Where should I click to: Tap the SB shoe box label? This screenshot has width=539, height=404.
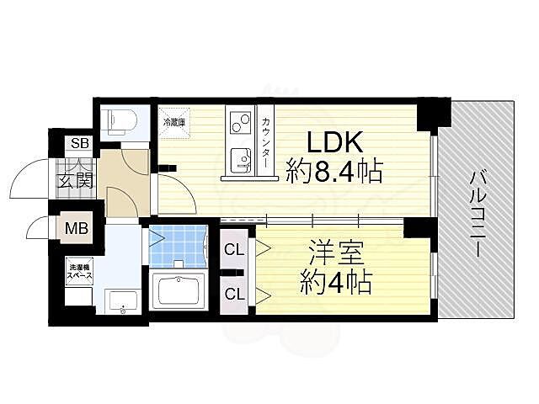80,143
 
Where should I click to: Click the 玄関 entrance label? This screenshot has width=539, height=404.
74,179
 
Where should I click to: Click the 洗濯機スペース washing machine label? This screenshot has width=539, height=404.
81,273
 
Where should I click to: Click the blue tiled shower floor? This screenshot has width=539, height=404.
179,245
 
